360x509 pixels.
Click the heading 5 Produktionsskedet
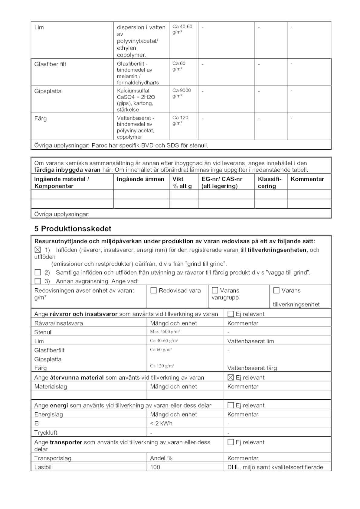(x=73, y=229)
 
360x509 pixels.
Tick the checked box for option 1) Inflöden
(x=38, y=250)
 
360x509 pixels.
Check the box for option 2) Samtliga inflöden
(x=38, y=272)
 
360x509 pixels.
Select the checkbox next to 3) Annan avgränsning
(x=38, y=281)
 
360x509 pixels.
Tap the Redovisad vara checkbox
(x=154, y=290)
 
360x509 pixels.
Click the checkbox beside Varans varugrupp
(x=215, y=290)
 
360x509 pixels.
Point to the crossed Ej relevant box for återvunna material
(x=231, y=377)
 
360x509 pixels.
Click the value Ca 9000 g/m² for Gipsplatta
(x=182, y=93)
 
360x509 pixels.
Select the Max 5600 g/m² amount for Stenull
(x=165, y=332)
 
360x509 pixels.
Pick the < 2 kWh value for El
(x=161, y=423)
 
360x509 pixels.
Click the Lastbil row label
(x=43, y=467)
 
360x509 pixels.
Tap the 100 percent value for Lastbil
(x=155, y=467)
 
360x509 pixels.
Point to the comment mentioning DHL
(x=276, y=467)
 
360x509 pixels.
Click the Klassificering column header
(x=270, y=182)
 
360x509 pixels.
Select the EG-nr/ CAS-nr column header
(x=222, y=182)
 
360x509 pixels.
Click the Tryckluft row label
(x=46, y=433)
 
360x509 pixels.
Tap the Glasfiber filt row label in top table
(x=50, y=64)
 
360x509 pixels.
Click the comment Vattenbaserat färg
(x=252, y=368)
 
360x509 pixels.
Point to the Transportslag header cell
(x=53, y=458)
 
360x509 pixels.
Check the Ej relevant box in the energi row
(x=231, y=405)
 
